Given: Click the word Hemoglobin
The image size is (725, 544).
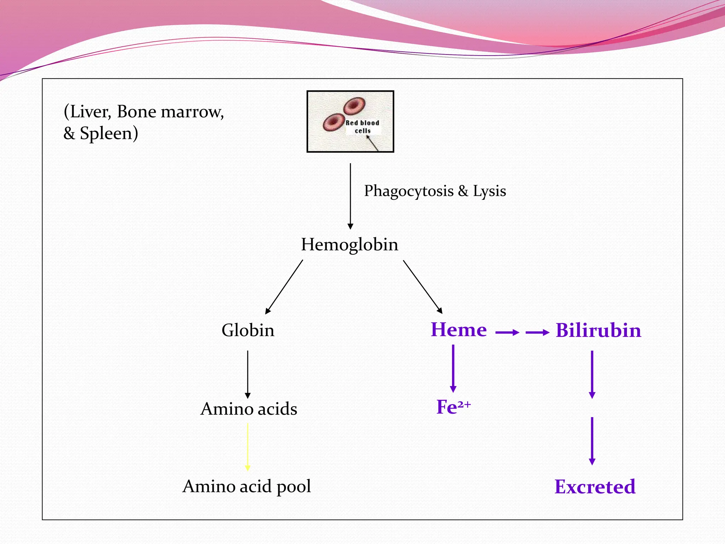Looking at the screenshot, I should (349, 245).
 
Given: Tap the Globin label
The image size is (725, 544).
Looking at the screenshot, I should (248, 330).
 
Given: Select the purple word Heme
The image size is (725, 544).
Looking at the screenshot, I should (458, 330).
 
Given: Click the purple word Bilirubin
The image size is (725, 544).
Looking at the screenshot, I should (598, 330).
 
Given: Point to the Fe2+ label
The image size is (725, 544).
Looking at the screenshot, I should (453, 407).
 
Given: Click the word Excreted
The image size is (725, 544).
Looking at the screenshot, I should (595, 487).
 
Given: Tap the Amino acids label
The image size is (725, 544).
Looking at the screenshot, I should (249, 409).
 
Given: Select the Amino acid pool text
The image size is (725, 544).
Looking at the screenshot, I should (247, 486).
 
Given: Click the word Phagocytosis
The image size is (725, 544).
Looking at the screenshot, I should (409, 191).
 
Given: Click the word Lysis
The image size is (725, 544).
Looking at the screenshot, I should (489, 191).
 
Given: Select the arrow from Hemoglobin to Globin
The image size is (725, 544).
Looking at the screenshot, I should (284, 287).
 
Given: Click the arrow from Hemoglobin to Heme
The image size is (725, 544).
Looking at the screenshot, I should (423, 287).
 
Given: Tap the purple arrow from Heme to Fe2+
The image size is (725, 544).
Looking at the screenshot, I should (453, 368).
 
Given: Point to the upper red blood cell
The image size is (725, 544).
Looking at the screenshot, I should (354, 106).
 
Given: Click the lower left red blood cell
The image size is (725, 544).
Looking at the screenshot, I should (333, 122).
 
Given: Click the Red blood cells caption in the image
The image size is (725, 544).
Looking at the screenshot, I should (362, 127).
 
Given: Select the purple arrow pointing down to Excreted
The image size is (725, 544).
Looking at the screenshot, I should (592, 441).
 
